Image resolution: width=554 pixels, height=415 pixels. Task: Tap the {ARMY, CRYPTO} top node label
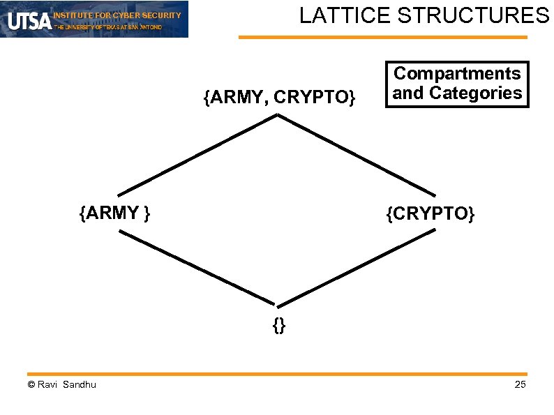(280, 98)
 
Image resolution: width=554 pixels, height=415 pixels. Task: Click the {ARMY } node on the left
(116, 213)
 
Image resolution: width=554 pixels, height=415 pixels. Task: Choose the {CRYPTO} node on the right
(431, 213)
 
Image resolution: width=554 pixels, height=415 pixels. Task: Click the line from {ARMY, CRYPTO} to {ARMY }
(198, 155)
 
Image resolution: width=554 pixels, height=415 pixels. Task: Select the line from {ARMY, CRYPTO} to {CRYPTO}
(357, 155)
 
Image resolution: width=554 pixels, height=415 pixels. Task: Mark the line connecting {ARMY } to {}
(198, 269)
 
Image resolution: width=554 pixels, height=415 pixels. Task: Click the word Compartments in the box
(457, 73)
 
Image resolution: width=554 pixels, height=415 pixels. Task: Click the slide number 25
(520, 386)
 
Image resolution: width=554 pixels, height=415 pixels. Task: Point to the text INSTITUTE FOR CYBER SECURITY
(117, 15)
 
